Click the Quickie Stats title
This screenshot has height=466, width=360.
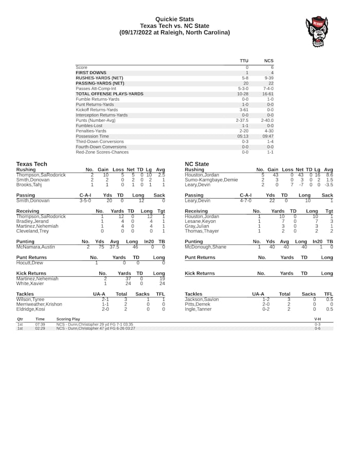tap(174, 19)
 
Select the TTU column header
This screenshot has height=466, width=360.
tap(244, 61)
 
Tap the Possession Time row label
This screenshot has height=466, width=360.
tap(92, 136)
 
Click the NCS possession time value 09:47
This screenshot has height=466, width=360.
tap(268, 136)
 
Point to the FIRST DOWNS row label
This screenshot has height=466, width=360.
tap(91, 73)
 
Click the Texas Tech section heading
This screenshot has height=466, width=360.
tap(31, 164)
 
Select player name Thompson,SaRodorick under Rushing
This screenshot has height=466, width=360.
tap(41, 175)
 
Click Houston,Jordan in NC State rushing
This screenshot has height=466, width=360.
tap(202, 175)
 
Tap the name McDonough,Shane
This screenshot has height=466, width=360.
tap(205, 247)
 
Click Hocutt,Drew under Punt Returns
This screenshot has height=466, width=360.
tap(29, 262)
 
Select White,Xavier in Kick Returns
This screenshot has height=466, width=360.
tap(29, 283)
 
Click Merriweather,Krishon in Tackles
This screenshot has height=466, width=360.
tap(39, 304)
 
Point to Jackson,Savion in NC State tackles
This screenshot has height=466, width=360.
tap(202, 299)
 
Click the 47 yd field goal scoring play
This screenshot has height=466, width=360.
tap(96, 328)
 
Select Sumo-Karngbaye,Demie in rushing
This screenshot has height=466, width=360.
tap(211, 180)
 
